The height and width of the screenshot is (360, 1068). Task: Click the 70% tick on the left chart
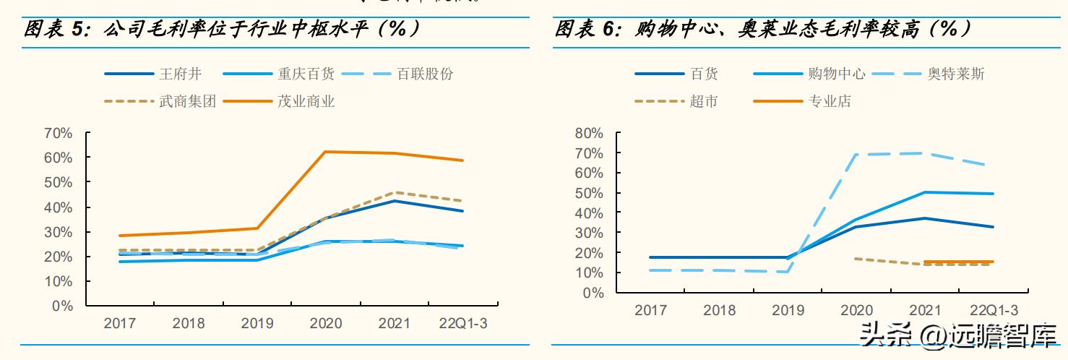59,133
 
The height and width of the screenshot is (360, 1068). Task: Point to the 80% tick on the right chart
589,133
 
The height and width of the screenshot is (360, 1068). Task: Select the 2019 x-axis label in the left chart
257,324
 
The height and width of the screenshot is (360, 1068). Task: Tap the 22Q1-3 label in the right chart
994,310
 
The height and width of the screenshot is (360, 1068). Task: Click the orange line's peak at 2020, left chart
326,152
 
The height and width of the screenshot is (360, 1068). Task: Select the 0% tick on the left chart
63,306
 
